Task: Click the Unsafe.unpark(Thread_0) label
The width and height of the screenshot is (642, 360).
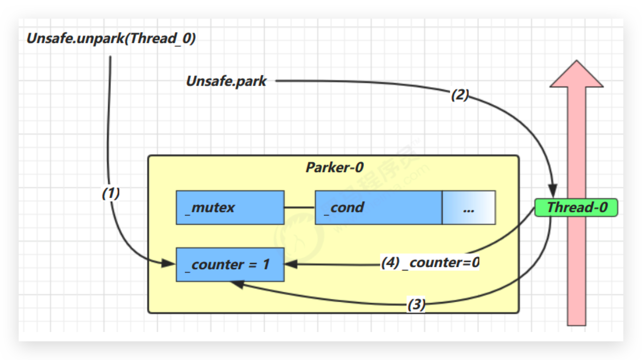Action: (111, 39)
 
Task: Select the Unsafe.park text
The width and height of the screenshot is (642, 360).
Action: (226, 81)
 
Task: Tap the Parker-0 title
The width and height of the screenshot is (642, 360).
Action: (334, 167)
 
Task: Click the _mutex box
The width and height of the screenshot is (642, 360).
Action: (230, 208)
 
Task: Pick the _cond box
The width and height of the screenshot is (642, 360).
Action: (378, 208)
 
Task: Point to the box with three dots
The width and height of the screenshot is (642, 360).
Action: (468, 208)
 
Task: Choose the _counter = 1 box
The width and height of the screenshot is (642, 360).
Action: (230, 265)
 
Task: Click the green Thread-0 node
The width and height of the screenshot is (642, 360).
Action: (576, 208)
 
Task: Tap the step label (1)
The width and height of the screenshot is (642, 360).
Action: (111, 194)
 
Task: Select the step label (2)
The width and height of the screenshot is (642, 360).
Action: (460, 96)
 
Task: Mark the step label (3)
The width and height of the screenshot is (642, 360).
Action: (416, 305)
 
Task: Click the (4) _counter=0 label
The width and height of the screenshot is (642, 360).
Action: (430, 263)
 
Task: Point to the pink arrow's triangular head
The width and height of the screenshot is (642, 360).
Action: (577, 75)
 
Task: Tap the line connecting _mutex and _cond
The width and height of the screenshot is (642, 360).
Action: (300, 208)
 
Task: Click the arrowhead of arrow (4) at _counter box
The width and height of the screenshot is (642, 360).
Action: (290, 264)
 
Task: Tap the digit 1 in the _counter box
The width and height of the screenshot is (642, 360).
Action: (265, 265)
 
